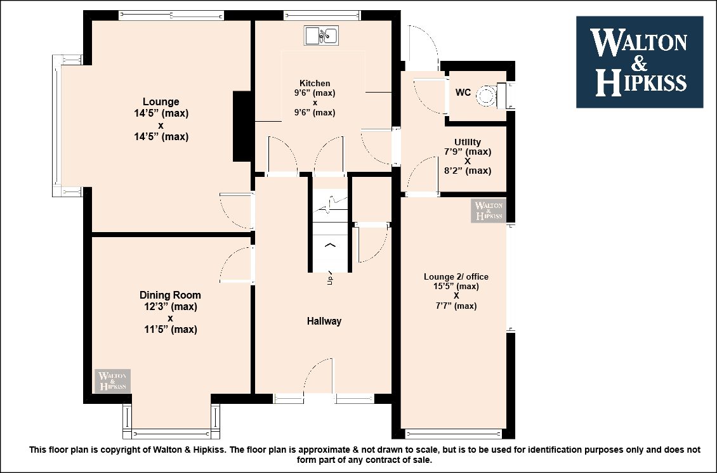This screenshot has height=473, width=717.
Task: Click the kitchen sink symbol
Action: coord(322,36)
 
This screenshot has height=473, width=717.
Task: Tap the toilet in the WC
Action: coord(492,96)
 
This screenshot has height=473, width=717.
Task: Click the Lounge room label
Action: coord(161,101)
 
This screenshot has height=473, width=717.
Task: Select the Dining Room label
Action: coord(170,295)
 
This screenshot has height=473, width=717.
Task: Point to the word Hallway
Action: coord(324,321)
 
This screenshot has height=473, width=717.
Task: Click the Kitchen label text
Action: coord(315,83)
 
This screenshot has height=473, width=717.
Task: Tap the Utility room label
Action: coord(468,142)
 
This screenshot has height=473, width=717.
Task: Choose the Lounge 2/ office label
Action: coord(456,276)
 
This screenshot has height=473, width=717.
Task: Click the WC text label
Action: coord(463,93)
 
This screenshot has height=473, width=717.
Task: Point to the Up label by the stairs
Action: coord(330,279)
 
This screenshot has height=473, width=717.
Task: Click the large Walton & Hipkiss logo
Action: coord(640,62)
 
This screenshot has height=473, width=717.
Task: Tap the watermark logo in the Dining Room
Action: coord(112,380)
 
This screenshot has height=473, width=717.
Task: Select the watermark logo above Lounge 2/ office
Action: coord(489,211)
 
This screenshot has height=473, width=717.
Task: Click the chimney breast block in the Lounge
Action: coord(242,126)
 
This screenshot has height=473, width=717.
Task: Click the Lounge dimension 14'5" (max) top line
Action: coord(161,113)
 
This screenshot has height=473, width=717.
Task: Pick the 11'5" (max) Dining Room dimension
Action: coord(171,329)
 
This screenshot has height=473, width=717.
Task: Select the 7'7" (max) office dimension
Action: coord(456,306)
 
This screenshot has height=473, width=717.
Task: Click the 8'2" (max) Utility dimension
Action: coord(468,171)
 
